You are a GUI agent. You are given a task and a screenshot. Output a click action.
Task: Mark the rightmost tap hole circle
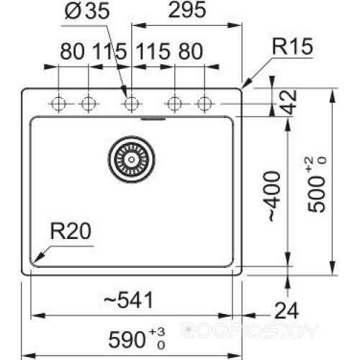(x=204, y=104)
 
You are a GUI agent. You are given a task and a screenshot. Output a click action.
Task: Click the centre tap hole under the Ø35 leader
(x=130, y=104)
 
